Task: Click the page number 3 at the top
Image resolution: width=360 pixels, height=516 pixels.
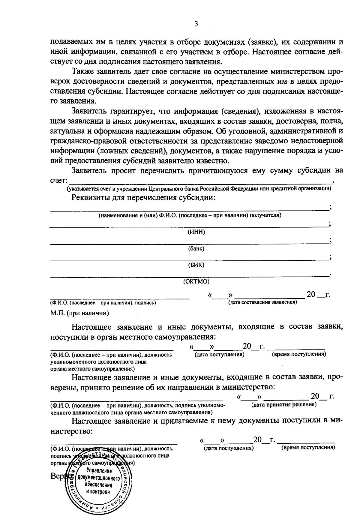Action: tap(196, 24)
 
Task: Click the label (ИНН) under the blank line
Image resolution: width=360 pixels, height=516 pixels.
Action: tap(196, 232)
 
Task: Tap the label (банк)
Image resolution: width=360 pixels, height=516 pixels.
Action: tap(196, 249)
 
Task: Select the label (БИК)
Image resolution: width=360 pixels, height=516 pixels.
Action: tap(196, 265)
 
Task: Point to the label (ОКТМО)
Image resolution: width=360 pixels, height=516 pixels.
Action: tap(196, 282)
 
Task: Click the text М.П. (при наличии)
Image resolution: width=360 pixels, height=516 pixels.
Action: tap(79, 313)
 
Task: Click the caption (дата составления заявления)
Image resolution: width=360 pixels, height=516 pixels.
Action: tap(262, 302)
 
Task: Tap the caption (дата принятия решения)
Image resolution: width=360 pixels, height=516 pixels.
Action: tap(284, 404)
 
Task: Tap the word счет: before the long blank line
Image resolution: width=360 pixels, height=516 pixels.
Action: tap(58, 181)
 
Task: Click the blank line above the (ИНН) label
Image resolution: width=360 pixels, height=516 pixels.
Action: tap(189, 226)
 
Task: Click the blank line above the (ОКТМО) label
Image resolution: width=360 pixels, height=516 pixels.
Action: tap(189, 276)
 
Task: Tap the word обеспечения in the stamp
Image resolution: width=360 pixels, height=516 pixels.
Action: tap(98, 485)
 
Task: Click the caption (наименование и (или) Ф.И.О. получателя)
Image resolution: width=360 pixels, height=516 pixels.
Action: tap(190, 215)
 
